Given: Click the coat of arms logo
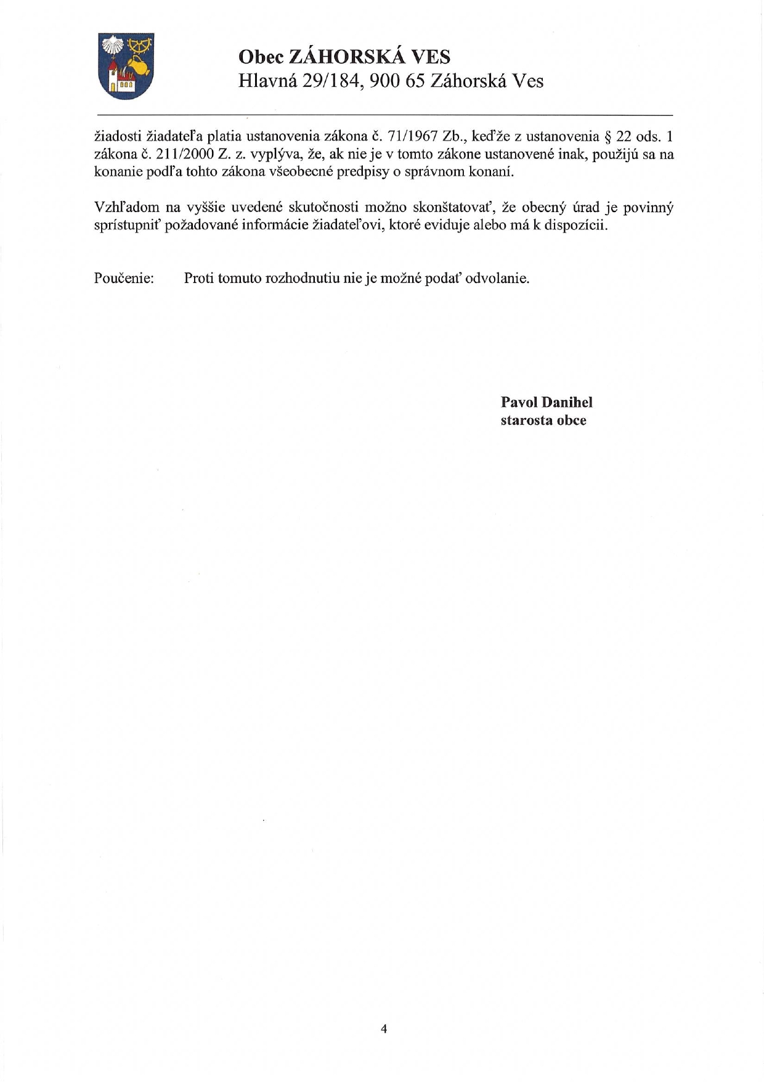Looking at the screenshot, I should pyautogui.click(x=126, y=66).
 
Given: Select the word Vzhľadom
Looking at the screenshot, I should pyautogui.click(x=126, y=208).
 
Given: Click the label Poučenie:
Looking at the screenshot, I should pyautogui.click(x=123, y=279).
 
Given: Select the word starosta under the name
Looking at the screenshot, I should pyautogui.click(x=526, y=420).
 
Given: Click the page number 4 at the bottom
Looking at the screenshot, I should pyautogui.click(x=384, y=1028).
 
